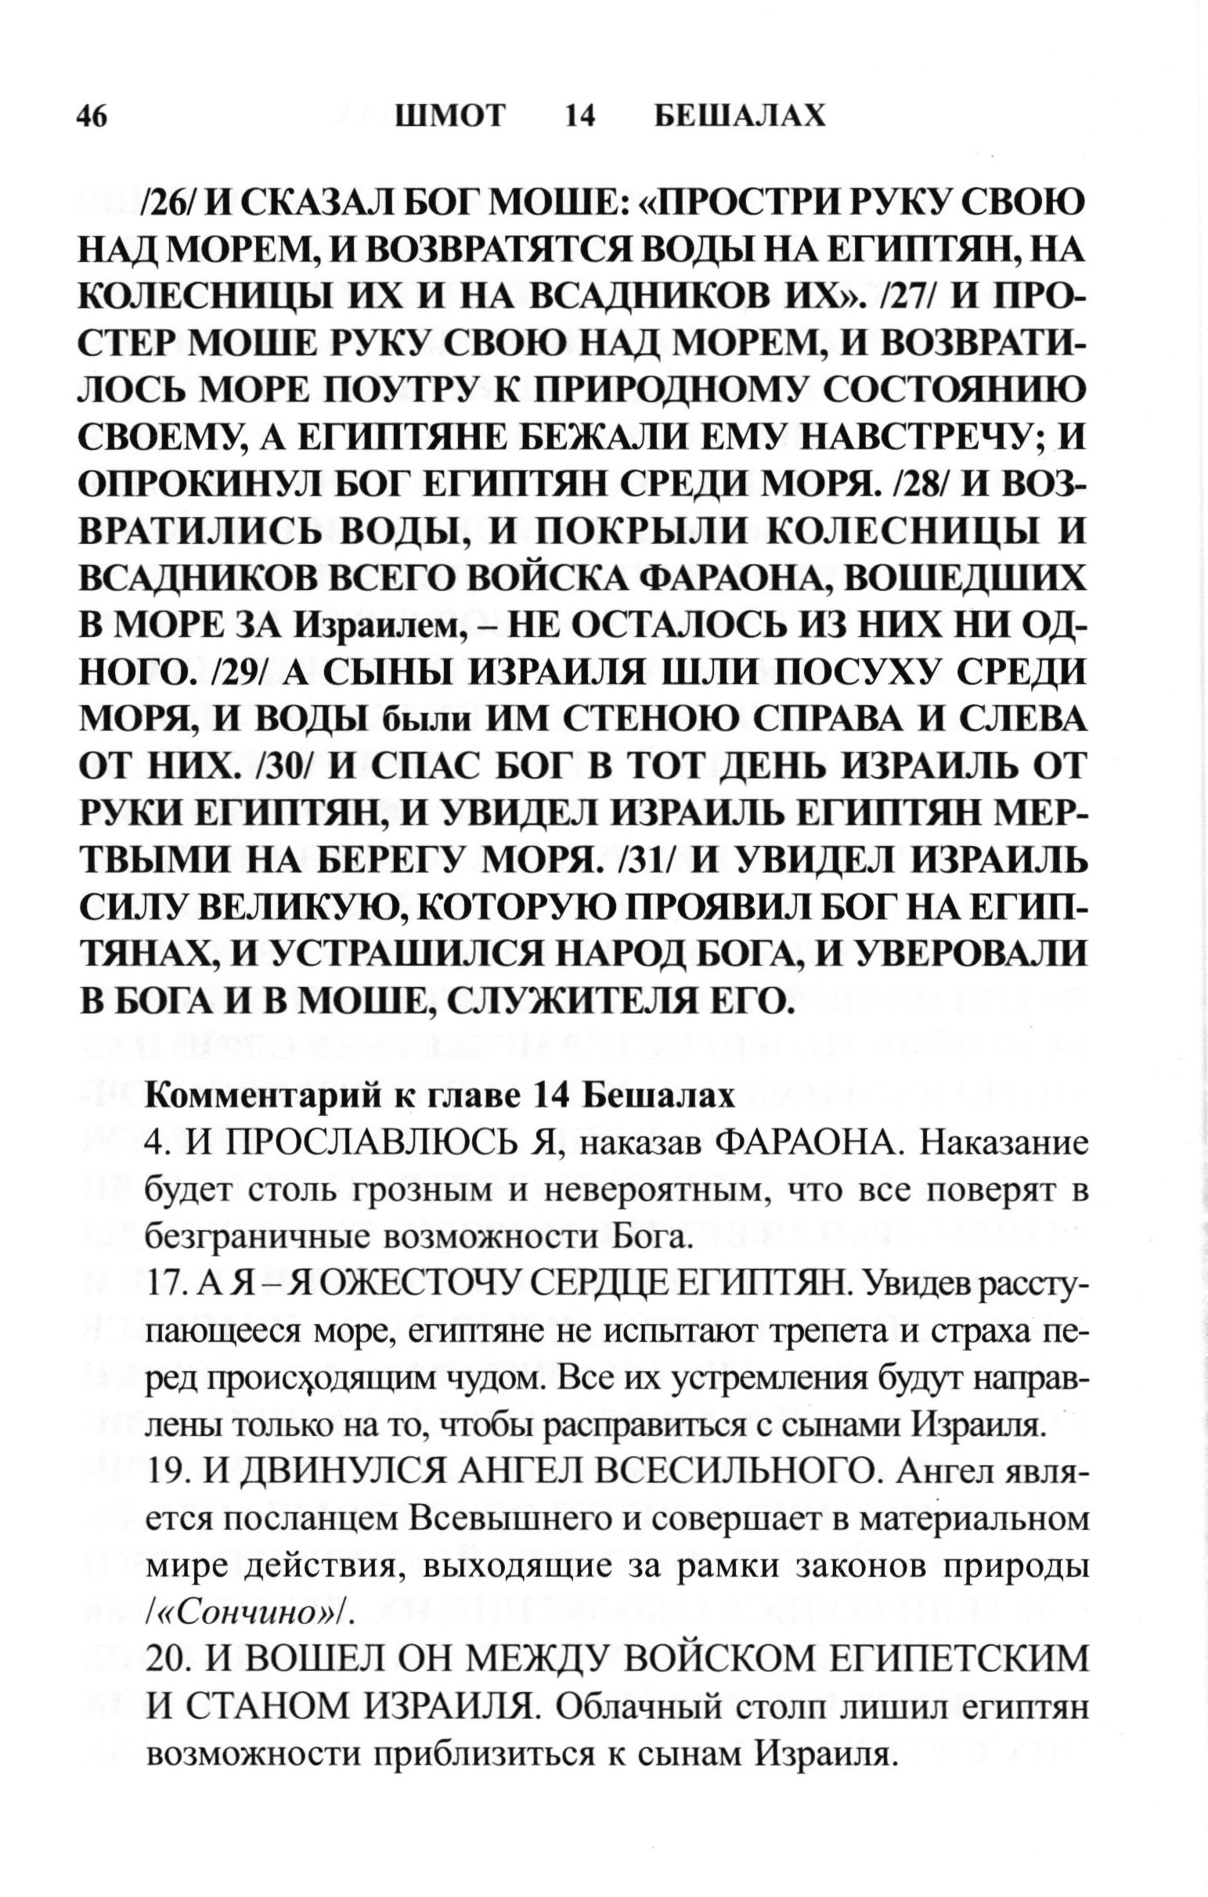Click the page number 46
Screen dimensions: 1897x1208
pyautogui.click(x=92, y=117)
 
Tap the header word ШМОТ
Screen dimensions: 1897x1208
pyautogui.click(x=450, y=117)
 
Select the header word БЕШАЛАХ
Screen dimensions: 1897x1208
pyautogui.click(x=740, y=117)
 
